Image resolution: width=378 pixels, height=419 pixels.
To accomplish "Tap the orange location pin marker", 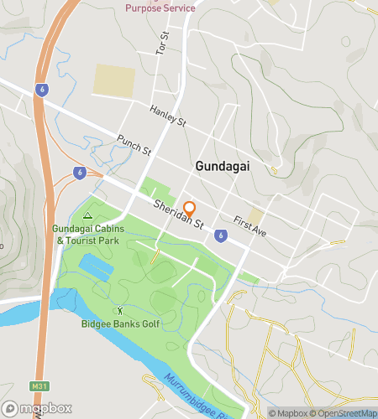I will coord(190,209).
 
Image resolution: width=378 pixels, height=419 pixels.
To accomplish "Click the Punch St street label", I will coord(134,145).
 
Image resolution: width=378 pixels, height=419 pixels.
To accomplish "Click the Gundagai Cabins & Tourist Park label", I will coord(87,235).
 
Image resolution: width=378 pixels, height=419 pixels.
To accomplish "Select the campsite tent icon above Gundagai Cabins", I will coord(87,215).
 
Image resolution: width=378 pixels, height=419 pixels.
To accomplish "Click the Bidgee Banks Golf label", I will coord(118,323).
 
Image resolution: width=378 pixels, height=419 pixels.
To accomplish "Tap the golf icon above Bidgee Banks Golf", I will coord(118,311).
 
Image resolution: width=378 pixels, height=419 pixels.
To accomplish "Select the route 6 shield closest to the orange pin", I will coord(219,235).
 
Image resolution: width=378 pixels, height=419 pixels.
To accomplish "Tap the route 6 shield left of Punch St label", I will coord(79,173).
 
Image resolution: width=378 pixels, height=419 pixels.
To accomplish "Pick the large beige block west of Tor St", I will coord(113,80).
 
